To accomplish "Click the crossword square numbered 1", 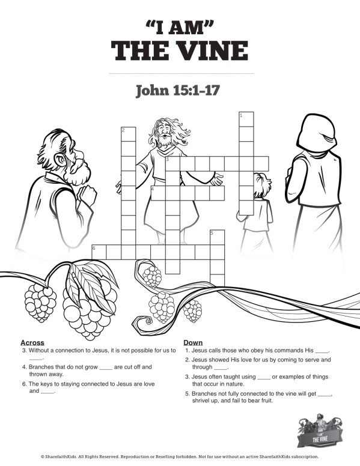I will coord(246,118).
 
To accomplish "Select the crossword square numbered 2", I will coord(128,133).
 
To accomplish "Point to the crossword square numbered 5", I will coord(217,237).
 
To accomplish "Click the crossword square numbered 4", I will coord(158,193).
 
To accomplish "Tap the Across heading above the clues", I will coord(32,342).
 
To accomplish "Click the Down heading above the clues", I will coord(193,342).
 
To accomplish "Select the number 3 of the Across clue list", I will coord(23,350).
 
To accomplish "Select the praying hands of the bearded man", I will coord(88,195).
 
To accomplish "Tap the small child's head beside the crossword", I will coord(260,183).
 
